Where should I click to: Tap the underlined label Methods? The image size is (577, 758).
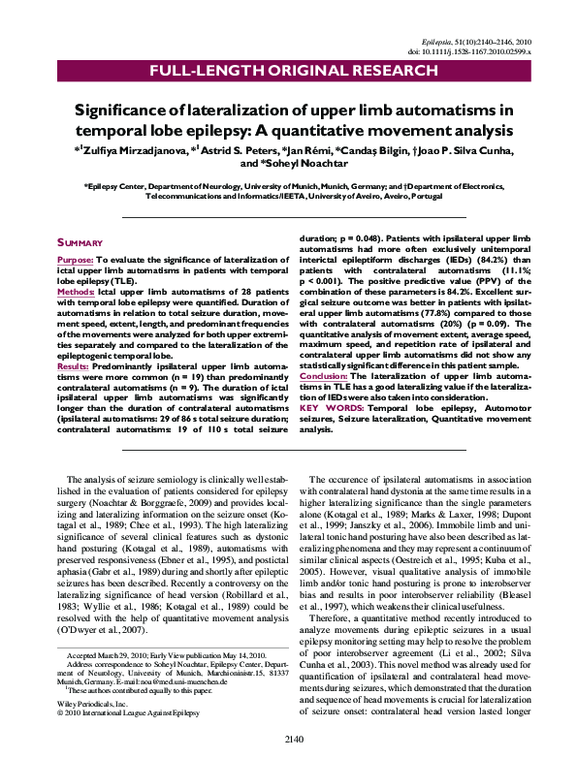tap(75, 290)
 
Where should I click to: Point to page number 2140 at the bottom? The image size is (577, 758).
tap(288, 740)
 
